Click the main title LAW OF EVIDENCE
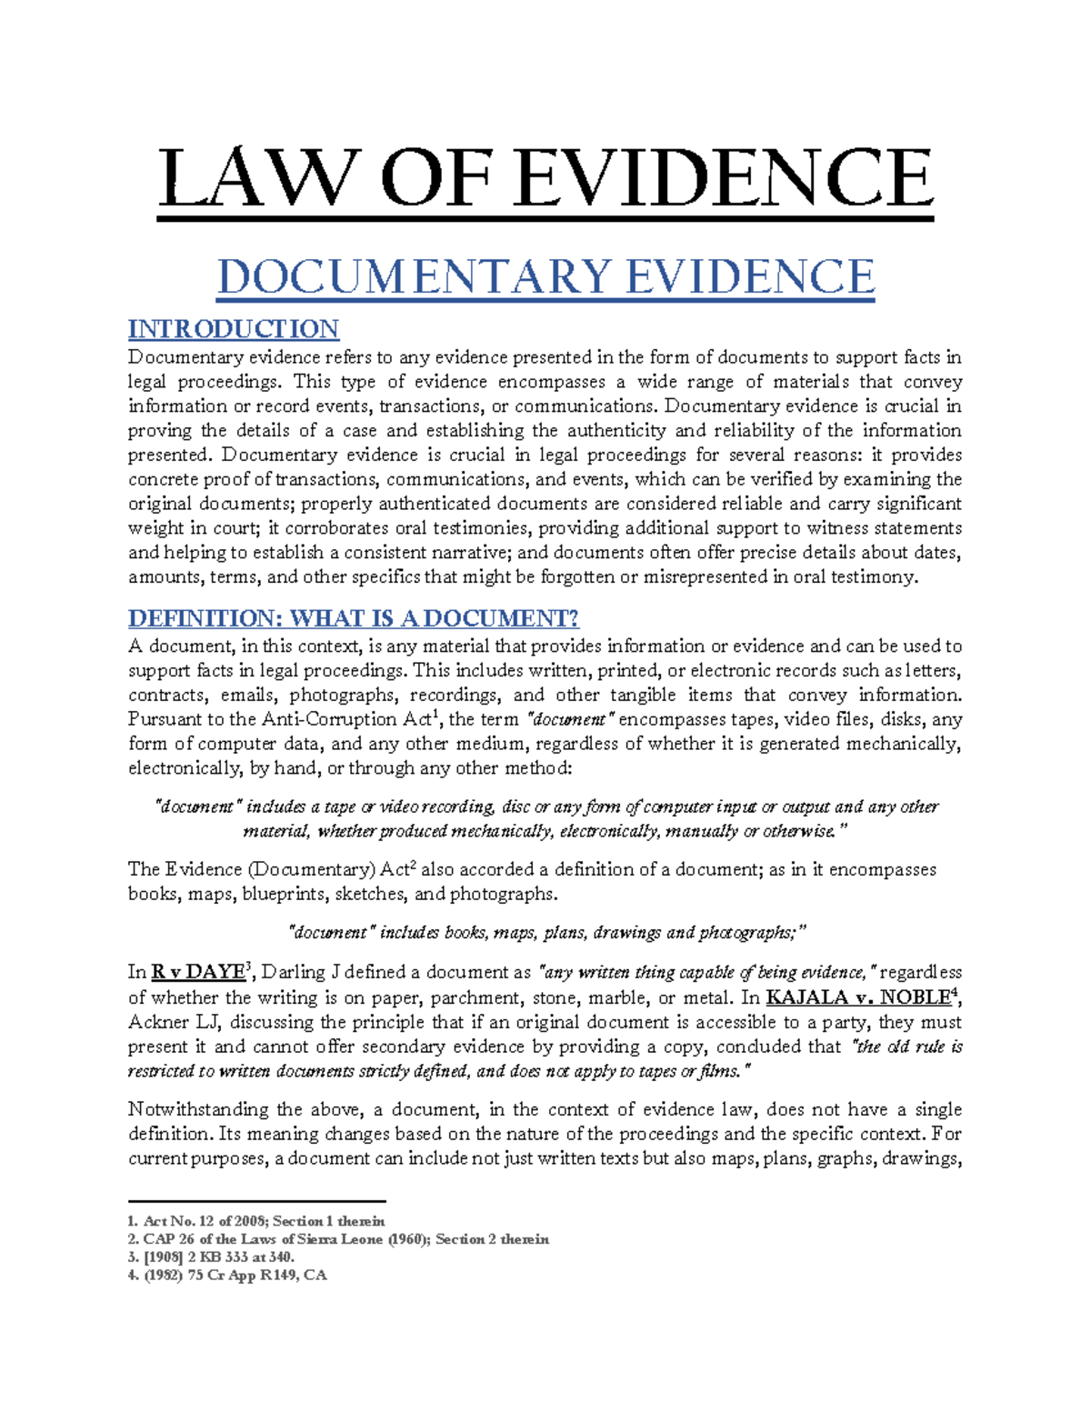click(x=545, y=178)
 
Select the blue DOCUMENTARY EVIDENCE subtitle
click(x=545, y=276)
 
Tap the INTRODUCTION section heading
click(x=234, y=328)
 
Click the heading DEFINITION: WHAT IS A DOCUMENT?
click(x=354, y=618)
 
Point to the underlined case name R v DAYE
click(x=197, y=973)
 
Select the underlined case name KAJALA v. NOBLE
click(x=857, y=997)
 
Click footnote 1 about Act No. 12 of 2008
click(x=257, y=1221)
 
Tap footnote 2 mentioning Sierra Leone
click(x=338, y=1239)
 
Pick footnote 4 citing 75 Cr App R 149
click(x=227, y=1275)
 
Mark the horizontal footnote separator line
click(x=257, y=1202)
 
